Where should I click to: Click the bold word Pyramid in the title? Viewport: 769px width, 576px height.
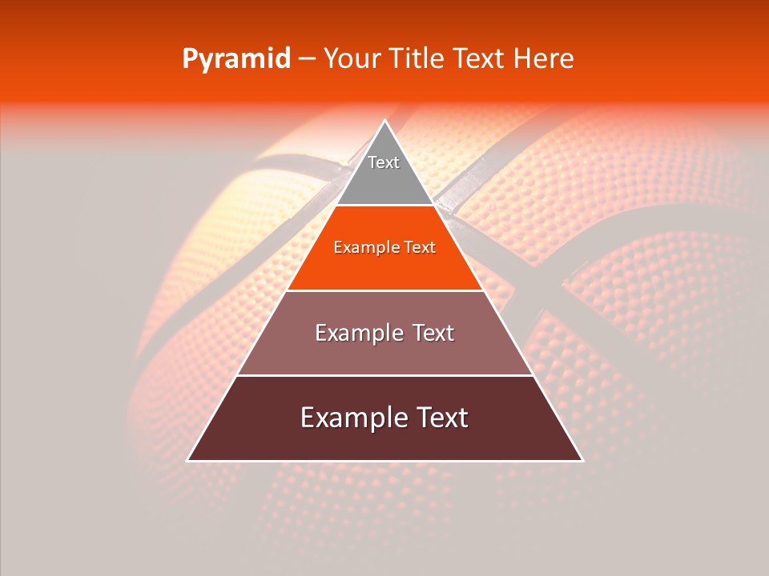(x=236, y=59)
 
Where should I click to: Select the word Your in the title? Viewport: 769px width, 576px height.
(x=349, y=58)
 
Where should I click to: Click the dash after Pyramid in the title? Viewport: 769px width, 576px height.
(x=307, y=59)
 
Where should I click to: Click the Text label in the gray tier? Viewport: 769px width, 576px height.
(x=384, y=162)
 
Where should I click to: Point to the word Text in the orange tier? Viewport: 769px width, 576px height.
(x=421, y=248)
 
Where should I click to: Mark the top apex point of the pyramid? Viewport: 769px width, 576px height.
(x=384, y=121)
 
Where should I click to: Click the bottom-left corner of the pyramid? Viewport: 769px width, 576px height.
(x=187, y=461)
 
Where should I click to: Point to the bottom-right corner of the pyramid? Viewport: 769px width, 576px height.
(x=582, y=461)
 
